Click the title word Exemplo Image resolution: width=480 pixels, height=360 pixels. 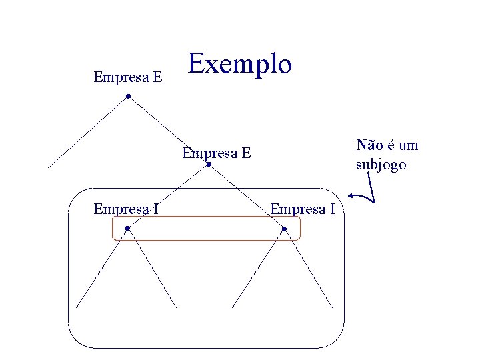(240, 64)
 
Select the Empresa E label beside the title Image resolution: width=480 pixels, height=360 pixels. (128, 77)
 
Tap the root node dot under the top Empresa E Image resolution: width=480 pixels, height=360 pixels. (128, 97)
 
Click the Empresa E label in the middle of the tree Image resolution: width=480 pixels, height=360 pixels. (217, 153)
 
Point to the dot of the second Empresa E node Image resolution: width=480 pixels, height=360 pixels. (209, 165)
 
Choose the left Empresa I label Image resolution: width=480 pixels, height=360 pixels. (126, 209)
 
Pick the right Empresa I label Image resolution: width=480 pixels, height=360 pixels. (302, 209)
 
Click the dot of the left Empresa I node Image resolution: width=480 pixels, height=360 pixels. (127, 229)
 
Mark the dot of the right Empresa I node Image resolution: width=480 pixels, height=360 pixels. (284, 229)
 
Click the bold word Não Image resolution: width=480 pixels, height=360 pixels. (369, 145)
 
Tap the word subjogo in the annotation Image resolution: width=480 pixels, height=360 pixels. (381, 165)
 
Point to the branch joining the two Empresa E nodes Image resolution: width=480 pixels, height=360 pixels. (168, 131)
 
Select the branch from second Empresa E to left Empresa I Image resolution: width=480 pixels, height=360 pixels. (168, 197)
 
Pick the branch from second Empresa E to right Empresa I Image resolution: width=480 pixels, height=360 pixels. (246, 197)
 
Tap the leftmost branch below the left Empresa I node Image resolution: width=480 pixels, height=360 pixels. (101, 268)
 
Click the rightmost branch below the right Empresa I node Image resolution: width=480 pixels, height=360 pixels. (308, 268)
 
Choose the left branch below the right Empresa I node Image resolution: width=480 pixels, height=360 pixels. (258, 268)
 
